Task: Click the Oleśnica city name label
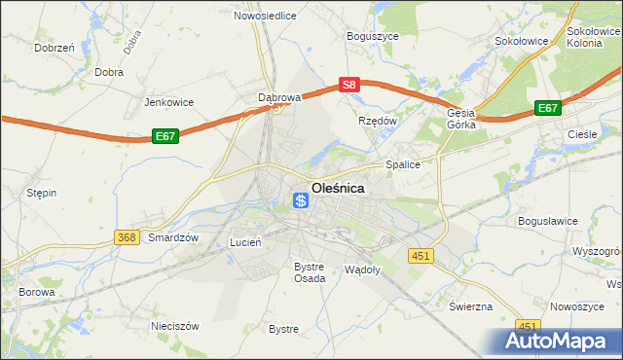click(x=338, y=189)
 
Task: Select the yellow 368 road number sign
click(x=126, y=237)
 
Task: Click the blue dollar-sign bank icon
click(x=302, y=200)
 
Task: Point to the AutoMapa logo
click(x=559, y=342)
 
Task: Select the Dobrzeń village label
click(x=55, y=47)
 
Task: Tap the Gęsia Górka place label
click(x=460, y=119)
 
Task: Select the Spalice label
click(x=402, y=164)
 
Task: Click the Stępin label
click(x=41, y=193)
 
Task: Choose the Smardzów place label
click(x=173, y=237)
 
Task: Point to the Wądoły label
click(x=362, y=268)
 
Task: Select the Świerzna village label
click(x=470, y=306)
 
